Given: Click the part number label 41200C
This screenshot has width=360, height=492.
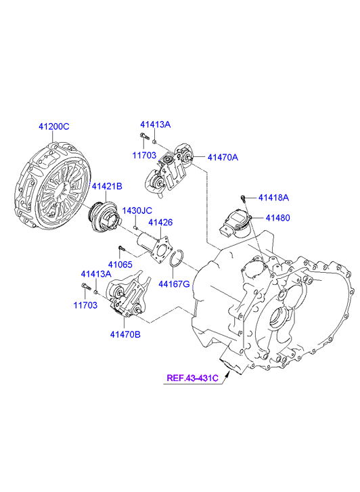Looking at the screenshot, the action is click(x=54, y=127).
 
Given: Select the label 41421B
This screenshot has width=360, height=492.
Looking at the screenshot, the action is click(x=107, y=186).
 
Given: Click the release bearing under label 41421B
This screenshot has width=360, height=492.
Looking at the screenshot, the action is click(x=104, y=217).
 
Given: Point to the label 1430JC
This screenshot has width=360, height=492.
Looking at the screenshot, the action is click(x=137, y=210).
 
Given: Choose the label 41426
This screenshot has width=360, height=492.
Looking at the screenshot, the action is click(x=160, y=222).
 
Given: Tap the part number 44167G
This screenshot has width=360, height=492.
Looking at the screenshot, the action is click(x=174, y=284).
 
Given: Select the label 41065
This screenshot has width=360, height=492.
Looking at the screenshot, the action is click(x=120, y=265).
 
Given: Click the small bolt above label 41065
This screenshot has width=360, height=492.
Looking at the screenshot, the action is click(x=121, y=248).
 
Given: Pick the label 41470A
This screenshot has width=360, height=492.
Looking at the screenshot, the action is click(x=223, y=157).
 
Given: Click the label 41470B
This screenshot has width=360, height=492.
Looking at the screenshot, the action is click(x=125, y=334).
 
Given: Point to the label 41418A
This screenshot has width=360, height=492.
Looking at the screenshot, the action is click(x=273, y=198).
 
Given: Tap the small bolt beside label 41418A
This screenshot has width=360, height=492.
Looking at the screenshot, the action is click(x=243, y=198).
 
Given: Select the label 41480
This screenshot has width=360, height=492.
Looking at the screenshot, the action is click(x=277, y=217).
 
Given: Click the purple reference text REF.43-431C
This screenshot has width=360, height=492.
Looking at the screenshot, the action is click(x=192, y=378).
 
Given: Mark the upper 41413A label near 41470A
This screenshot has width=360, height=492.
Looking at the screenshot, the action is click(x=156, y=125).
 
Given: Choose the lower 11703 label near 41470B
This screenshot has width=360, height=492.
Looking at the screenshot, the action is click(x=85, y=305).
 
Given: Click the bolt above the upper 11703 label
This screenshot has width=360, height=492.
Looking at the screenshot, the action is click(x=143, y=136).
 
